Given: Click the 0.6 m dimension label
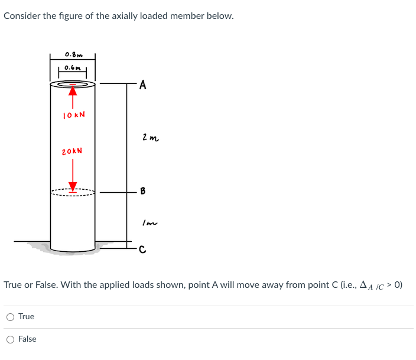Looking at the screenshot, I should [x=73, y=67].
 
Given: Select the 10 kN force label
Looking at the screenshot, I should [x=73, y=114].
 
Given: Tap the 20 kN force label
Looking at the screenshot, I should [x=72, y=151].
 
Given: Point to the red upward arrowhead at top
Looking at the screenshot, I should [x=73, y=89].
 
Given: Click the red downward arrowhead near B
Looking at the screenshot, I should [x=73, y=186].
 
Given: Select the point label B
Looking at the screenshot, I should [x=142, y=192].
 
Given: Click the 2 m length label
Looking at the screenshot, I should [x=150, y=138].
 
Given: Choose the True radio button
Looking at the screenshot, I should [x=11, y=317].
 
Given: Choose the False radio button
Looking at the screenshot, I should [x=11, y=339].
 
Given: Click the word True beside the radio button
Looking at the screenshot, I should [x=26, y=317].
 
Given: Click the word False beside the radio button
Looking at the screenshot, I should [x=27, y=339].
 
